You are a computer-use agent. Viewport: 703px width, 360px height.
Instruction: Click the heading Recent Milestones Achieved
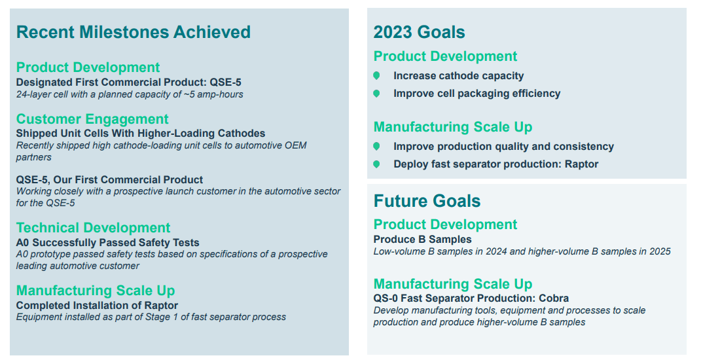(x=133, y=32)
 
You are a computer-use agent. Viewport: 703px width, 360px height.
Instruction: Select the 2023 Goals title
(x=419, y=32)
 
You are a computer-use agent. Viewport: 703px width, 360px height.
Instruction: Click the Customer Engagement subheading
(x=92, y=119)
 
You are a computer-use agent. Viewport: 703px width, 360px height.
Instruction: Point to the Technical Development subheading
(x=93, y=228)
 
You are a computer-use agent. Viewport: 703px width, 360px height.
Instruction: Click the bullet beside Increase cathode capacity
(x=376, y=76)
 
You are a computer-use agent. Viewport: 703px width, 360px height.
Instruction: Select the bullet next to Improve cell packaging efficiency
(x=376, y=94)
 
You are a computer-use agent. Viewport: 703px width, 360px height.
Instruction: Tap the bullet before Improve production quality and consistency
(x=376, y=147)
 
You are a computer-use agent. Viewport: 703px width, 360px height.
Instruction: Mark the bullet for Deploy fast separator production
(x=376, y=164)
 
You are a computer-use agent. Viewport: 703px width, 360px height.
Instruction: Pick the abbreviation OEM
(x=294, y=145)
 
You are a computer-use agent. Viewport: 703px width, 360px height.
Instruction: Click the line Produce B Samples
(x=422, y=240)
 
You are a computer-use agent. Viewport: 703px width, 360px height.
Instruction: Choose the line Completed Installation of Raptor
(x=97, y=305)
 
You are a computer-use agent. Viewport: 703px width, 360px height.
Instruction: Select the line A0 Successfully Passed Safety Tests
(x=107, y=243)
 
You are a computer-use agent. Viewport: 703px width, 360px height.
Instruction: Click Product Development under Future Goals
(x=445, y=225)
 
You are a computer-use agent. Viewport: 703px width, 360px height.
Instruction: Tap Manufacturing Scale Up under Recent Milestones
(x=96, y=291)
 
